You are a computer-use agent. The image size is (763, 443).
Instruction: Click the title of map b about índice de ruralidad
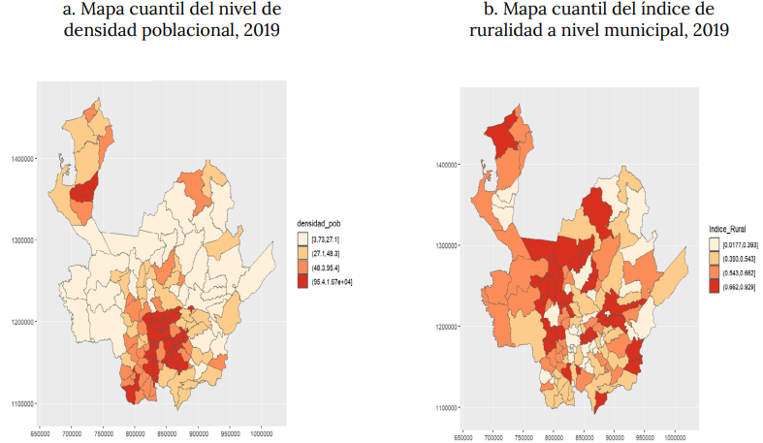point(596,20)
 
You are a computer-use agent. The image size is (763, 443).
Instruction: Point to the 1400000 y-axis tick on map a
point(21,158)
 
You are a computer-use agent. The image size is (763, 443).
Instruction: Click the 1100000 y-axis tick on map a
point(21,403)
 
